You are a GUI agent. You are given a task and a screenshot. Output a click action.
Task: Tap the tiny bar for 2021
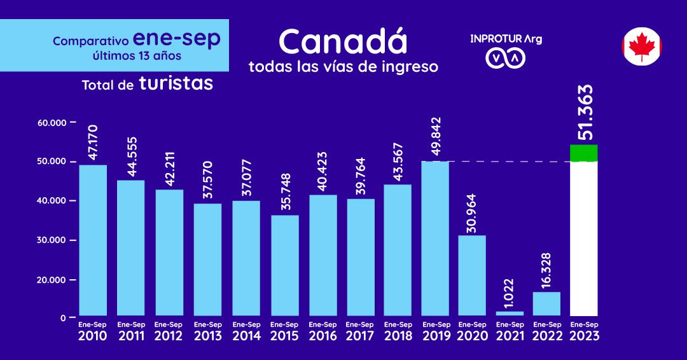510,313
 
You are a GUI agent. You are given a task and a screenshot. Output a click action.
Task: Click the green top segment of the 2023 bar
583,153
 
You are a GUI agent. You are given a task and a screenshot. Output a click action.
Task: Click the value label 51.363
585,113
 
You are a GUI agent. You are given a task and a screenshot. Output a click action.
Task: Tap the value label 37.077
246,179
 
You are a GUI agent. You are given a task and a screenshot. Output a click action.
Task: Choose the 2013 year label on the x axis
207,336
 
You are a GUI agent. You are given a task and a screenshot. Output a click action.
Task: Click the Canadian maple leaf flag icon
642,46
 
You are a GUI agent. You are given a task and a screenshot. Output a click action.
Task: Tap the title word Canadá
342,43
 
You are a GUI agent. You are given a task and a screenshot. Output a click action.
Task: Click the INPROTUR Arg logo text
506,39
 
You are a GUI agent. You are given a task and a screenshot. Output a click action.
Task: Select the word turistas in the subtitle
176,83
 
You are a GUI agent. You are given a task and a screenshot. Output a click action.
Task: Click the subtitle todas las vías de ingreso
343,67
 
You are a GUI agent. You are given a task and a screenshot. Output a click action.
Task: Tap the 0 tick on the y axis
64,317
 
